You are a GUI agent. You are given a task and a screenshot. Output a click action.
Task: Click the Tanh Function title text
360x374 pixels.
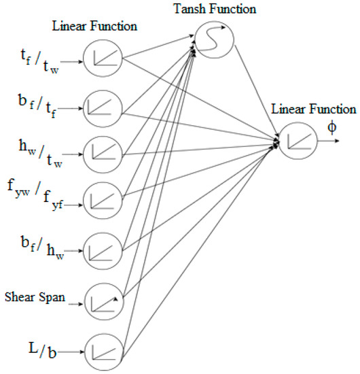[x=215, y=10]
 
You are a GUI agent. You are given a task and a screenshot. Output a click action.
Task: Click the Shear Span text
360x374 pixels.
[x=34, y=298]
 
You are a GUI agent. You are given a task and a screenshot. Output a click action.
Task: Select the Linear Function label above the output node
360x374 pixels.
[x=313, y=109]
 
